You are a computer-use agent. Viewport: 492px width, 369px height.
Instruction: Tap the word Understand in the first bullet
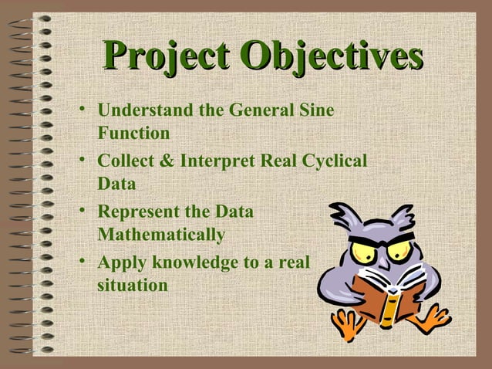[x=146, y=110]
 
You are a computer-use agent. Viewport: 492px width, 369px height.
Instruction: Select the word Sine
[x=318, y=110]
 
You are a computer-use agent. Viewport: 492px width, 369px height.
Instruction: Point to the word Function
[x=133, y=133]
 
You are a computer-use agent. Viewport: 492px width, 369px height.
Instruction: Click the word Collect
[x=126, y=161]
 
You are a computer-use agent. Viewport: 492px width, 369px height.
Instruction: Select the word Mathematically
[x=161, y=234]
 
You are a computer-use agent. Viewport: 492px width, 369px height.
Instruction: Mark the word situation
[x=133, y=285]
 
